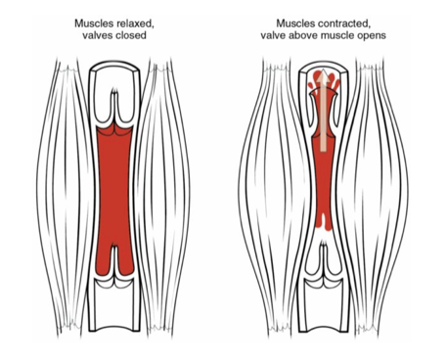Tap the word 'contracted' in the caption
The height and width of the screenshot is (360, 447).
pyautogui.click(x=342, y=22)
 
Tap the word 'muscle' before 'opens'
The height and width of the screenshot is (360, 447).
pyautogui.click(x=344, y=35)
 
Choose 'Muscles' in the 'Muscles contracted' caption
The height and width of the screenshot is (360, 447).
pyautogui.click(x=296, y=22)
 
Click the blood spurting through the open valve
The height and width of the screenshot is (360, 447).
pyautogui.click(x=324, y=82)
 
